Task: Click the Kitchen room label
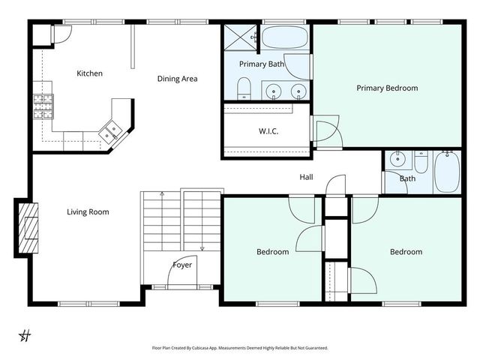click(89, 73)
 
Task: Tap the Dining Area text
click(177, 78)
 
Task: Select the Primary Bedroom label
click(386, 88)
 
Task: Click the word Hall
click(306, 178)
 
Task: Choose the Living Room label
click(88, 211)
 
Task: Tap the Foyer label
click(182, 265)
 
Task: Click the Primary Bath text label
click(261, 64)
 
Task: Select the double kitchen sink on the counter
click(112, 130)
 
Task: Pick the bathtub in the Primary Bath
click(284, 37)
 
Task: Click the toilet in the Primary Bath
click(244, 91)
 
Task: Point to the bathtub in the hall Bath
click(448, 171)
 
